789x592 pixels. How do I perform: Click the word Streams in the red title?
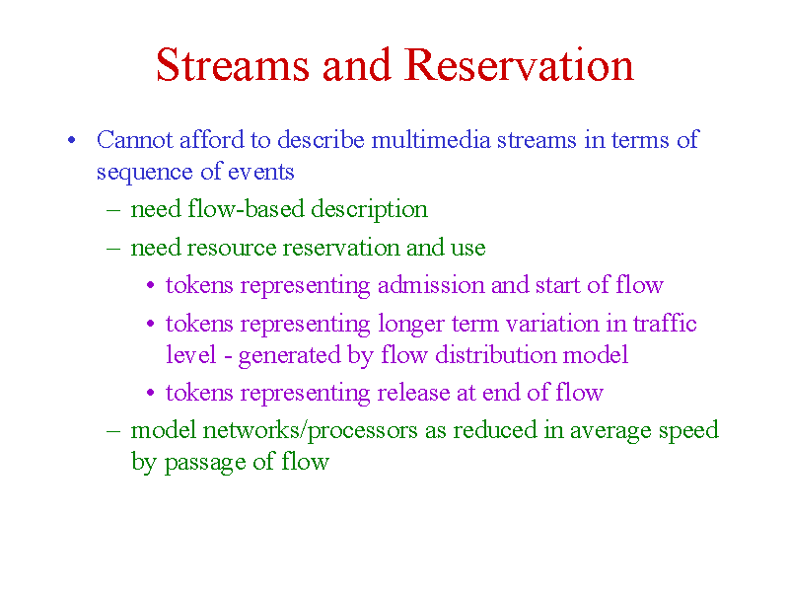(233, 64)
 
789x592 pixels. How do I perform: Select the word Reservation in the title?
(520, 64)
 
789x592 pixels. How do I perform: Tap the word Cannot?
(135, 140)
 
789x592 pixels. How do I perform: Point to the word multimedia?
(431, 140)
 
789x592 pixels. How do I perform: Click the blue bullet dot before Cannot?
(71, 140)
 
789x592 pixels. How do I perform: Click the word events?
(260, 172)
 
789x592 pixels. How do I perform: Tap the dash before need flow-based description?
(113, 210)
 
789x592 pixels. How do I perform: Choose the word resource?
(232, 249)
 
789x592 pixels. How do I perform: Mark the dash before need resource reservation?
(113, 249)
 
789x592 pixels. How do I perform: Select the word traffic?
(665, 323)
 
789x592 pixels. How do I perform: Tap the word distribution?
(495, 355)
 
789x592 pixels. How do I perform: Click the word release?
(413, 393)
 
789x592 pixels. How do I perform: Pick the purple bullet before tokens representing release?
(151, 393)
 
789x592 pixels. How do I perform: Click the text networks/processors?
(310, 431)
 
